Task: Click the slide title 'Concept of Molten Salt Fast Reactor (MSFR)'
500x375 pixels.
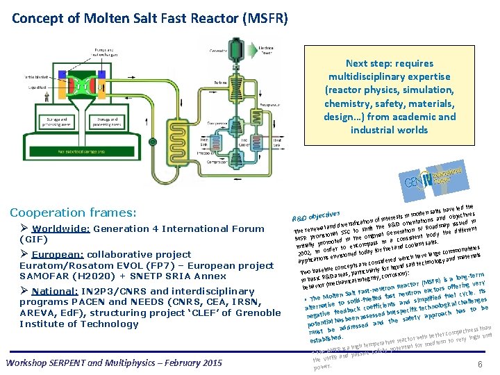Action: pos(149,16)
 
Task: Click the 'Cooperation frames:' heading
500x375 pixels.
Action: pos(72,212)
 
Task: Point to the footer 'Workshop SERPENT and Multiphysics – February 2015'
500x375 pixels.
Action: pos(113,362)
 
